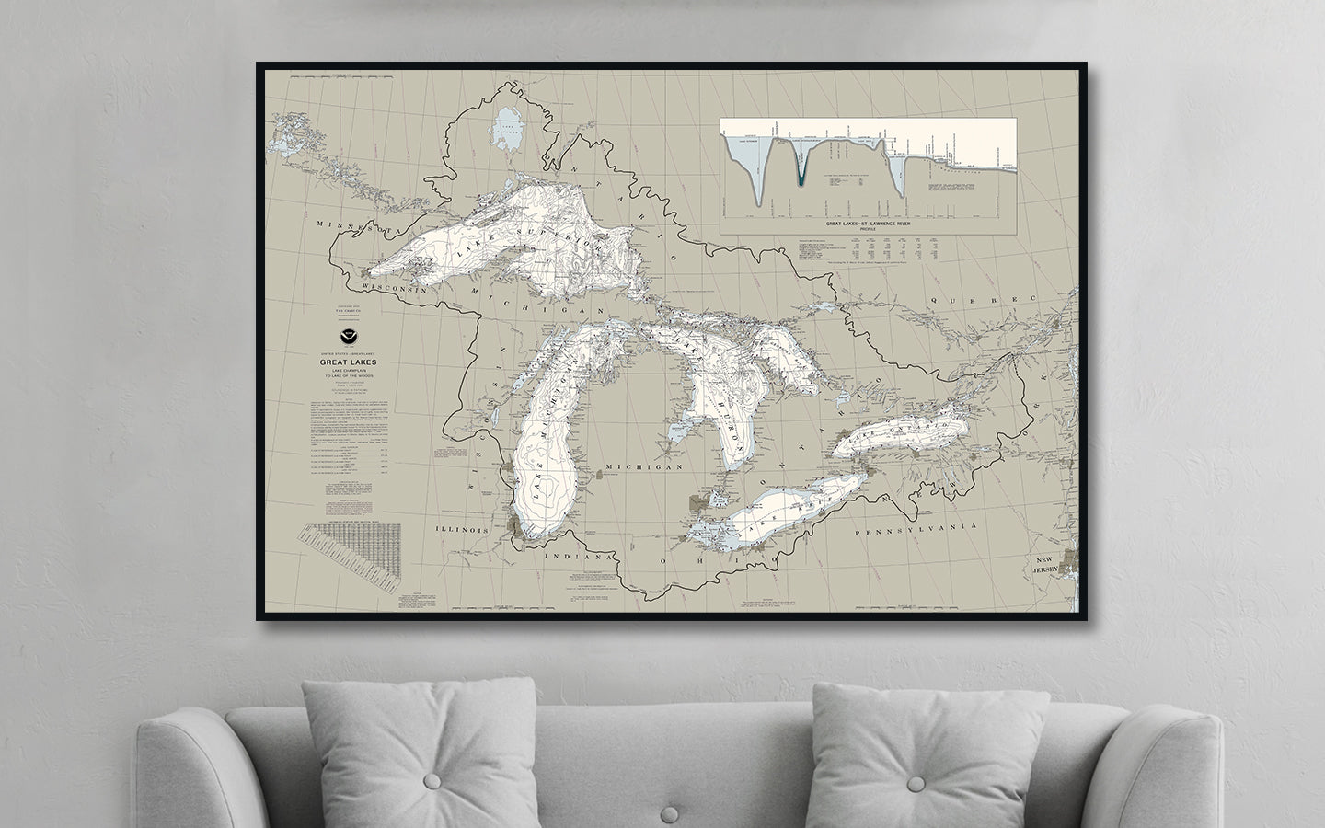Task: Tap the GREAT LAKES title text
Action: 350,362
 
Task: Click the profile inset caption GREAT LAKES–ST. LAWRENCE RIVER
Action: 867,223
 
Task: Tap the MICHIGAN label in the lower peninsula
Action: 647,467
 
